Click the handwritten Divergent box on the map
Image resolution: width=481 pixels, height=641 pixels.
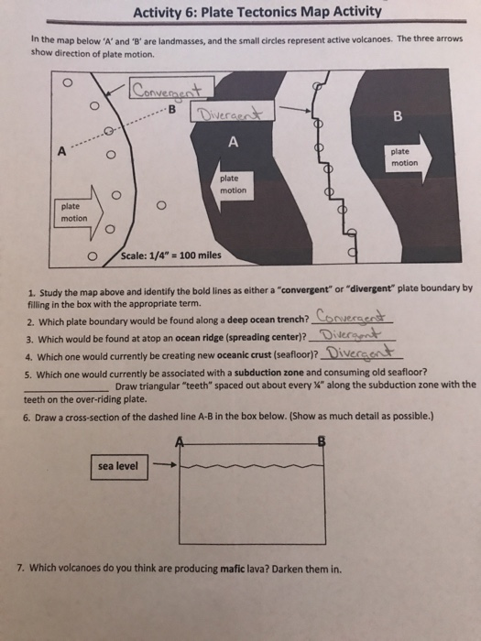pos(225,114)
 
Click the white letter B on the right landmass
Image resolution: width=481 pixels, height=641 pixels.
pos(397,116)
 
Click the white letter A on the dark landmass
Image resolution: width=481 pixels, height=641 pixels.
pos(234,141)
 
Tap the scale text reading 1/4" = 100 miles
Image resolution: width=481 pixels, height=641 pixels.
pos(176,254)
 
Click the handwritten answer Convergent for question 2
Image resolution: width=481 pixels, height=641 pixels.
pos(352,318)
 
